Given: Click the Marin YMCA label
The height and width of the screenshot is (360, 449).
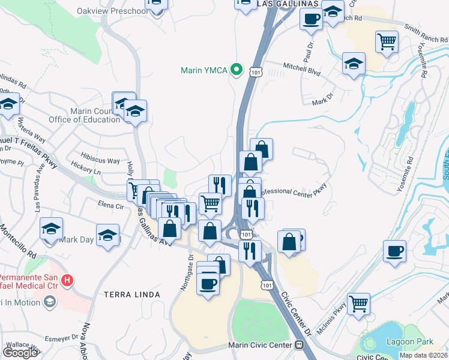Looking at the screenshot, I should pos(204,71).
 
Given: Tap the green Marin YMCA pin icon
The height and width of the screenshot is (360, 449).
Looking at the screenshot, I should pos(237,71).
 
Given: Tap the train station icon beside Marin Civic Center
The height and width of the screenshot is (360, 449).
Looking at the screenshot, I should pos(299,346).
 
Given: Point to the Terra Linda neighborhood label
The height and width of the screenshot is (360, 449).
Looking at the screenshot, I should pos(131,295).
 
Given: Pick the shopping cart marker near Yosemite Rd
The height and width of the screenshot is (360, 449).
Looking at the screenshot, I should pos(387,42).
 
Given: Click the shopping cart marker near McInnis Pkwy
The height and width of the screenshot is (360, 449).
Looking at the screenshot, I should pos(358,303).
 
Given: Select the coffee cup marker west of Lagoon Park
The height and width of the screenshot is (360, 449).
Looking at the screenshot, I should pos(394,251).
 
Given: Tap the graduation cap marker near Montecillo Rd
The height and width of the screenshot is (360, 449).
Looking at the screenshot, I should pos(52,229).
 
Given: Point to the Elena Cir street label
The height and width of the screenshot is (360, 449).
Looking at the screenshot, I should pos(110,206).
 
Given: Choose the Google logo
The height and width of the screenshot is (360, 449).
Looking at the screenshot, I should pos(20,352).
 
